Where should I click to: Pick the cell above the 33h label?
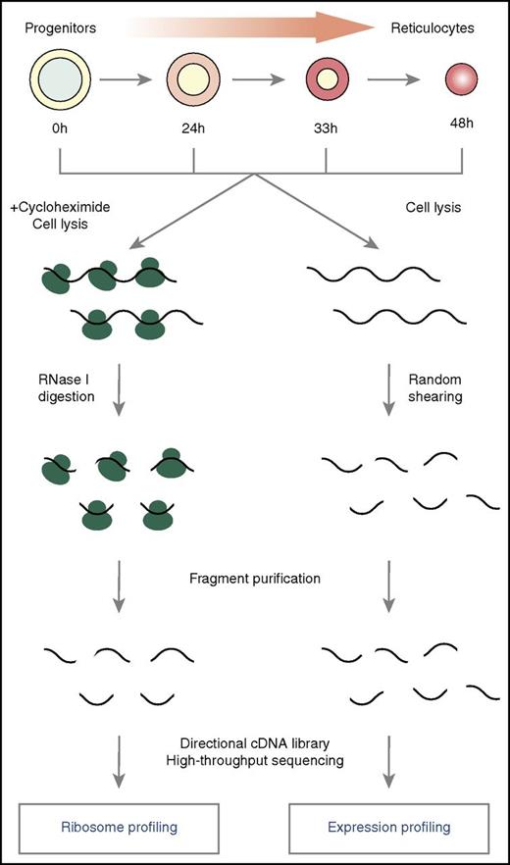pyautogui.click(x=327, y=79)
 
